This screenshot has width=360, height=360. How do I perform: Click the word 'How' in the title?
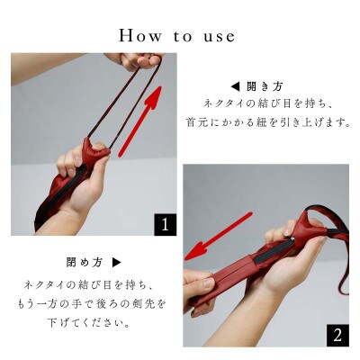pos(139,35)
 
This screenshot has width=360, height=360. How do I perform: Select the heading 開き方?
pos(265,87)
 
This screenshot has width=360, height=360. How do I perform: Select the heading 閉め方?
pos(84,263)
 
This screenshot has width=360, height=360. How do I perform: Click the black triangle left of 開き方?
pos(235,87)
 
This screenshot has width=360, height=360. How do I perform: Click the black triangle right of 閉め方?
pos(116,263)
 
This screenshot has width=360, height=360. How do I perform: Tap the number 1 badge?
pos(165,224)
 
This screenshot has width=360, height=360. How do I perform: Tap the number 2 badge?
pos(337,336)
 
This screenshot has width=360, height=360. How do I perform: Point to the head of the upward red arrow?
pos(155,97)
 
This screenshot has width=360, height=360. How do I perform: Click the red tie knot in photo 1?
pos(94,150)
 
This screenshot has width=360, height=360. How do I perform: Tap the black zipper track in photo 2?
pos(274,250)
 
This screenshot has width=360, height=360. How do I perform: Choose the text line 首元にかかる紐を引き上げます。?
pos(268,122)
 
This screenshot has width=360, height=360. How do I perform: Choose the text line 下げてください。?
pos(89,323)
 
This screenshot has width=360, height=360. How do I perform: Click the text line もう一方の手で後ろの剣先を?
pos(91,303)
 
